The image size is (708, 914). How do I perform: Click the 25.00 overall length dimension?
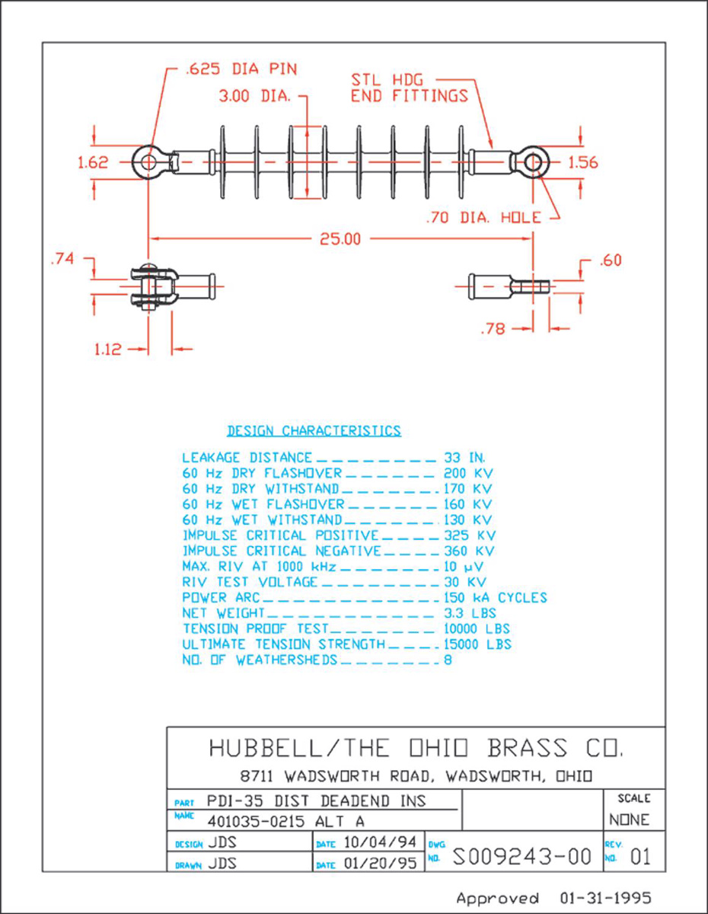pyautogui.click(x=340, y=239)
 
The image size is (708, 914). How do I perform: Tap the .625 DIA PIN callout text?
pyautogui.click(x=241, y=69)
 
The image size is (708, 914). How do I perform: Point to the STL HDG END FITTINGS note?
pyautogui.click(x=409, y=88)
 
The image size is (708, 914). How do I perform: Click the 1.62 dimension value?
pyautogui.click(x=93, y=162)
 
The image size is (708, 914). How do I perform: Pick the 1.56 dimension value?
pyautogui.click(x=583, y=162)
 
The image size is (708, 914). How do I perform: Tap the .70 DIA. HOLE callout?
pyautogui.click(x=483, y=218)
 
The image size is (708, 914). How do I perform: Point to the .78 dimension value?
pyautogui.click(x=496, y=328)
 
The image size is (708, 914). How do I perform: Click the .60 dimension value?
pyautogui.click(x=610, y=260)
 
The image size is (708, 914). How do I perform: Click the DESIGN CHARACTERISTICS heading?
pyautogui.click(x=314, y=431)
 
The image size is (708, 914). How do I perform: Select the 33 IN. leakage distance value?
pyautogui.click(x=464, y=458)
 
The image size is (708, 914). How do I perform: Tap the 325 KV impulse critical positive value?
pyautogui.click(x=469, y=535)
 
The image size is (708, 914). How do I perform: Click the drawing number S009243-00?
pyautogui.click(x=521, y=857)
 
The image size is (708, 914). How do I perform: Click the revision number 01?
pyautogui.click(x=640, y=858)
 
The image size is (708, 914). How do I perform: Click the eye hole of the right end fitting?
pyautogui.click(x=534, y=162)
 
